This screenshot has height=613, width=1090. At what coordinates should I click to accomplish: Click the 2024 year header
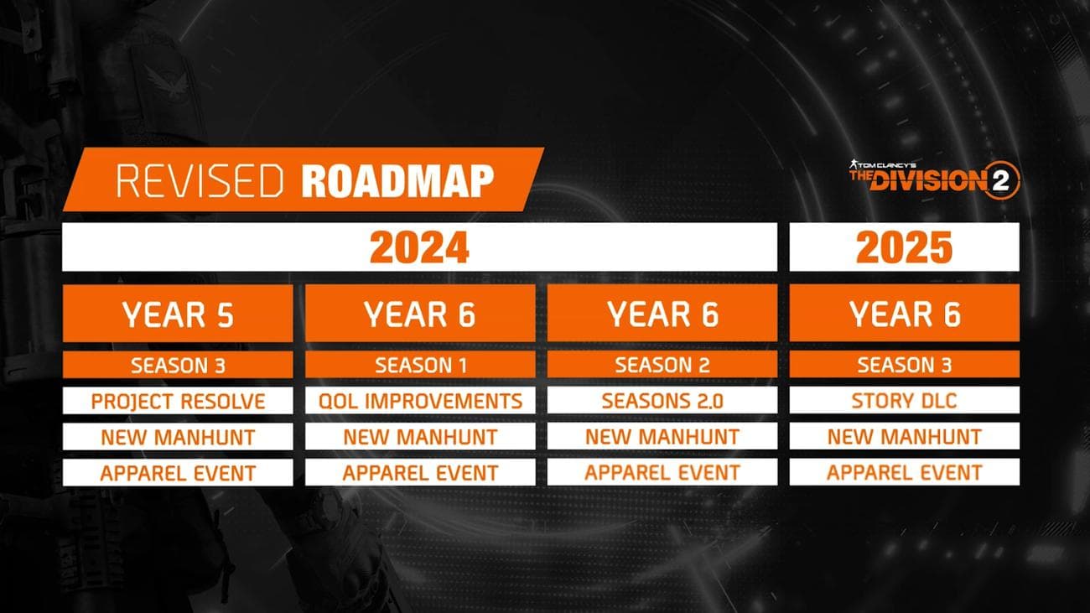419,247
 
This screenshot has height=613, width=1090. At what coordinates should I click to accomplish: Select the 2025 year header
904,247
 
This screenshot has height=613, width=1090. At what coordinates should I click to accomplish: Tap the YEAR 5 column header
178,314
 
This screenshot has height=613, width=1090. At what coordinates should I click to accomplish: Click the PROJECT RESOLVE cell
178,401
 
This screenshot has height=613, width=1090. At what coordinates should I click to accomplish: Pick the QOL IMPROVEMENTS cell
419,401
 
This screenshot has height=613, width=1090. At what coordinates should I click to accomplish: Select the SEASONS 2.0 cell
662,401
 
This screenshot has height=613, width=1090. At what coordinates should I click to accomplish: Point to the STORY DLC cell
904,401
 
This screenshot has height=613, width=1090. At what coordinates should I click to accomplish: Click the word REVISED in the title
200,181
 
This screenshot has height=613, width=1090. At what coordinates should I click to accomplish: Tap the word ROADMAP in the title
397,181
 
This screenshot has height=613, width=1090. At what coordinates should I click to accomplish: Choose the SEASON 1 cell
419,365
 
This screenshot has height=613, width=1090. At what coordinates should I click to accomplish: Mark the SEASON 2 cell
662,365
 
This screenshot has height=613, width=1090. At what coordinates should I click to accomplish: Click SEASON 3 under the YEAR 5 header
178,365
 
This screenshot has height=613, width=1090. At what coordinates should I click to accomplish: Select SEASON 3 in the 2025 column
904,365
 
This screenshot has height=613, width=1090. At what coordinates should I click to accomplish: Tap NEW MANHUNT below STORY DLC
904,437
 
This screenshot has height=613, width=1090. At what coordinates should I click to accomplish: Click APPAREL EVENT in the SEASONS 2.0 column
662,473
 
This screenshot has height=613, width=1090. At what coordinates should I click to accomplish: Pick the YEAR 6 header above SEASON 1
419,314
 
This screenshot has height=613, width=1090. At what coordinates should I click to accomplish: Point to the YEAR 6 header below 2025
904,314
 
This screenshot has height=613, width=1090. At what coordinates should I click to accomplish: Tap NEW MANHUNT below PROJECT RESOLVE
178,437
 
